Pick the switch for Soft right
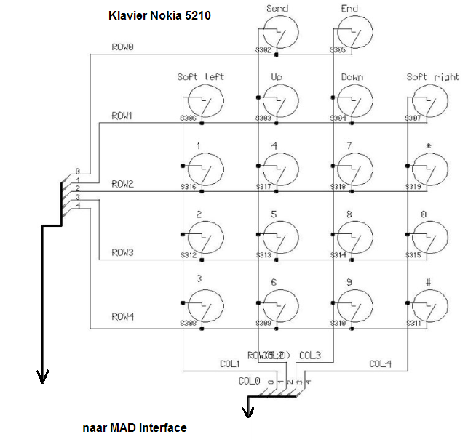pyautogui.click(x=429, y=102)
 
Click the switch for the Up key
pyautogui.click(x=278, y=102)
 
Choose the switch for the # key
pyautogui.click(x=429, y=306)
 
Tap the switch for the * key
pyautogui.click(x=429, y=170)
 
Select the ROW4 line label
pyautogui.click(x=122, y=317)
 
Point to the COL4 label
pyautogui.click(x=380, y=364)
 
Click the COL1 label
pyautogui.click(x=229, y=364)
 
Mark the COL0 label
pyautogui.click(x=248, y=380)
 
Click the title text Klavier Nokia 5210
pyautogui.click(x=159, y=15)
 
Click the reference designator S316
pyautogui.click(x=189, y=187)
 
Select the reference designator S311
pyautogui.click(x=415, y=323)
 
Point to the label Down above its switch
pyautogui.click(x=352, y=77)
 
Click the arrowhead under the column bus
pyautogui.click(x=248, y=412)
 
